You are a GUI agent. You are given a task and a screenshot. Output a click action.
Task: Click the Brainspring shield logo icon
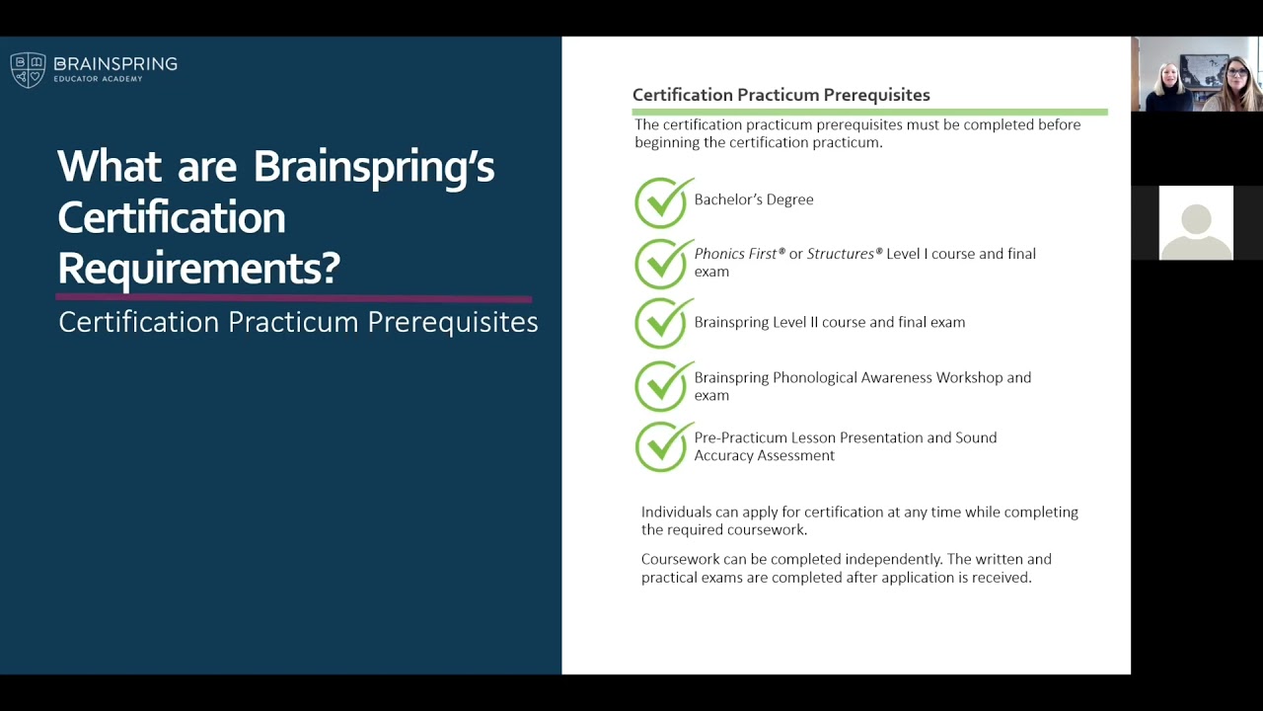[28, 70]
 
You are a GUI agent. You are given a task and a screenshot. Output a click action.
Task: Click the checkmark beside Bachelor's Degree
[662, 202]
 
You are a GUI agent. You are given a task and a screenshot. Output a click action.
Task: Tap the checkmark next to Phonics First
[662, 264]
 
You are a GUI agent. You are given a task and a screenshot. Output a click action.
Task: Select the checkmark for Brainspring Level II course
[662, 324]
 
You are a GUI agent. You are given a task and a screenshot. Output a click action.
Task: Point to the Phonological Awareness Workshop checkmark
[662, 386]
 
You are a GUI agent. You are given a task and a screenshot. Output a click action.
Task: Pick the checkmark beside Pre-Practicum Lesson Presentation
[662, 447]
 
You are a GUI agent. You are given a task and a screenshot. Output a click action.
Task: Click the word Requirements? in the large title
[198, 268]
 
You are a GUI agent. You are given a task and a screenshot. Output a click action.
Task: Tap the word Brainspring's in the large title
[374, 166]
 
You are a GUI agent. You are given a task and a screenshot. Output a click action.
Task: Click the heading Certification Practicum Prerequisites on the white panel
[780, 95]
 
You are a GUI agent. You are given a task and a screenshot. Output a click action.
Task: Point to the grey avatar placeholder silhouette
[1196, 223]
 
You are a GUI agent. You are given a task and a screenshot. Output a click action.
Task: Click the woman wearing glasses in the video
[1237, 85]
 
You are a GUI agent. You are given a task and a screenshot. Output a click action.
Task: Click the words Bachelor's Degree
[754, 199]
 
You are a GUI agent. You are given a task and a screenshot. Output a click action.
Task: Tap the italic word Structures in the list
[841, 254]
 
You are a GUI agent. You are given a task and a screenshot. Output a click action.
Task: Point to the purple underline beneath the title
[294, 297]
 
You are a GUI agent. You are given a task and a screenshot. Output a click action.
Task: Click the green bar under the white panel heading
[869, 112]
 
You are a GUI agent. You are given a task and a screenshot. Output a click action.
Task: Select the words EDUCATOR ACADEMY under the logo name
[98, 79]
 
